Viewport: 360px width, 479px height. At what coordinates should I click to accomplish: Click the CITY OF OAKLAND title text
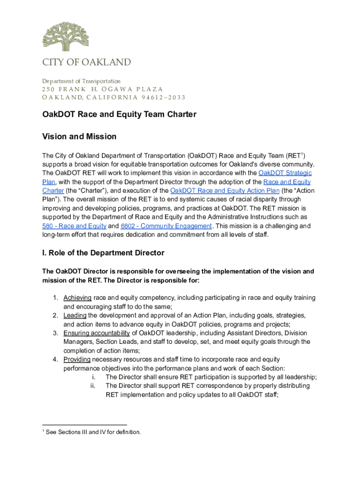tap(86, 63)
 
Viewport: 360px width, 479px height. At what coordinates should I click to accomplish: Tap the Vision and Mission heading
tap(79, 137)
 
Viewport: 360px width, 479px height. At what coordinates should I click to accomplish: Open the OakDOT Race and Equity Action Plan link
tap(225, 190)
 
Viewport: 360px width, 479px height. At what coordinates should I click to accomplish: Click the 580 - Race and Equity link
tap(74, 226)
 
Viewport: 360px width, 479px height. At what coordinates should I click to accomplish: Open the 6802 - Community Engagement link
tap(166, 226)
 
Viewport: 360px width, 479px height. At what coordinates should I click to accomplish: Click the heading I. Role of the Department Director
tap(103, 253)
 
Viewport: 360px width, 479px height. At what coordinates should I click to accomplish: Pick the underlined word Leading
tap(75, 315)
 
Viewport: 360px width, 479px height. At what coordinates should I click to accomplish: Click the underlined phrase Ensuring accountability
tap(96, 333)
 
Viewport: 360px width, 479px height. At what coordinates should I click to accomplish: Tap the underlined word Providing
tap(77, 359)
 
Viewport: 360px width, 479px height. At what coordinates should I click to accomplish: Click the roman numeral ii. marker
tap(93, 386)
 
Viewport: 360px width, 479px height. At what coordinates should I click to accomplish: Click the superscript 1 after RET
tap(302, 153)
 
